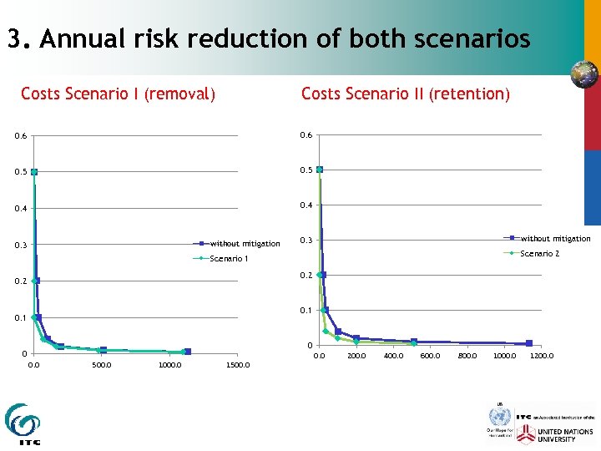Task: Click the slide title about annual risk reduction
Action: pos(268,39)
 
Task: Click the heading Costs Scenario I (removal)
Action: pos(118,94)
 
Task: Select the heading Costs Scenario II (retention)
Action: pos(405,94)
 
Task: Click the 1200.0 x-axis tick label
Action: pos(541,356)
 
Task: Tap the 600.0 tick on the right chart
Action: pos(430,356)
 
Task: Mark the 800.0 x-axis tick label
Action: pos(467,356)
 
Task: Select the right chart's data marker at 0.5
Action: pos(319,170)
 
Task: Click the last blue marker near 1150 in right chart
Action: pos(528,343)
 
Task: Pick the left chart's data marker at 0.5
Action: pos(34,172)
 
